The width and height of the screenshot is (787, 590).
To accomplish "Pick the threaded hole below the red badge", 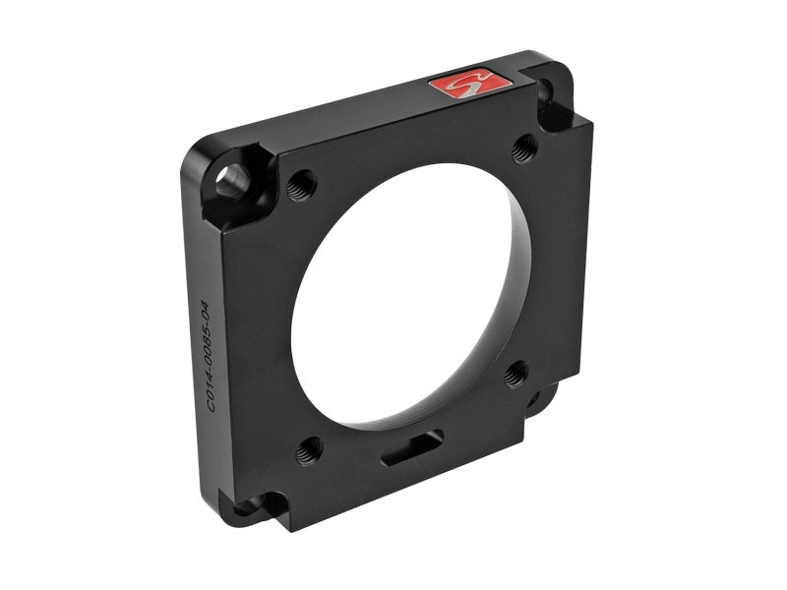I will (525, 147).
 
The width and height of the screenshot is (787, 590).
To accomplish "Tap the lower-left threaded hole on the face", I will (309, 448).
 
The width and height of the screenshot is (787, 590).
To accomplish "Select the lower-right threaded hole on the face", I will (516, 373).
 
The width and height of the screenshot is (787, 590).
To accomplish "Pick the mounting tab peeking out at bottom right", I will (539, 397).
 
